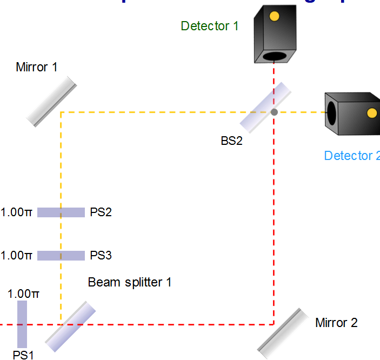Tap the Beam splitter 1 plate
coord(70,326)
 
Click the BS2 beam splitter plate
coord(265,108)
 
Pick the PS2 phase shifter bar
coord(61,212)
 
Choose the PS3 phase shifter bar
coord(61,255)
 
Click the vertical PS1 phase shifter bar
coord(22,324)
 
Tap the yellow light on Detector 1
coord(274,16)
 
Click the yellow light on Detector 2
coord(372,112)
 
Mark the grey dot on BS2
coord(274,112)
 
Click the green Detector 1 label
coord(209,25)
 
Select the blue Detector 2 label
coord(351,156)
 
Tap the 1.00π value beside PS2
coord(17,212)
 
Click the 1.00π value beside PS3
coord(17,255)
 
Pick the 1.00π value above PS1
coord(23,294)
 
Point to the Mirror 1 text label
coord(37,68)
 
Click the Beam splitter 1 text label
coord(130,282)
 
